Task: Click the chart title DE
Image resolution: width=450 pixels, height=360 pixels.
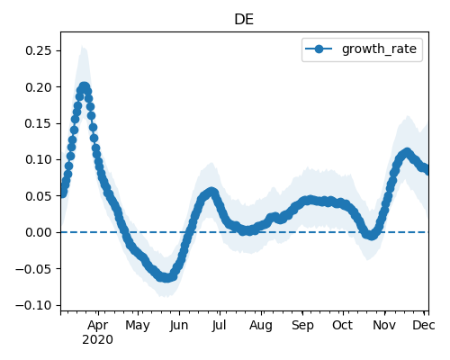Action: pos(244,20)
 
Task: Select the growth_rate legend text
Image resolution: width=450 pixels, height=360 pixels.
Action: pos(379,49)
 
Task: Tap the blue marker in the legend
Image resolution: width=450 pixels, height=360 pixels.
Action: pos(319,49)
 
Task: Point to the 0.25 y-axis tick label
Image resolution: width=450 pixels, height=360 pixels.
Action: pos(39,50)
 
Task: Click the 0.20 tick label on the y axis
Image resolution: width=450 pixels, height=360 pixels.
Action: pos(39,87)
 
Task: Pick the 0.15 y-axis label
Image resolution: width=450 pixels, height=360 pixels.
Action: pos(39,123)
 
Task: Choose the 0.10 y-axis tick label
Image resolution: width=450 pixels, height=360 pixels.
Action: pos(39,159)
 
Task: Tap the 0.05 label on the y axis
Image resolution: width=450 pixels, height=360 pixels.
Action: pos(39,196)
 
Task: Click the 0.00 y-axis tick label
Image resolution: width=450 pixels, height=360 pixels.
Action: pos(39,232)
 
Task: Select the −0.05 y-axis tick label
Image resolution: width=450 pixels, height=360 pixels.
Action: pos(34,269)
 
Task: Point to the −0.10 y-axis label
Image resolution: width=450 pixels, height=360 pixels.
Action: pos(34,305)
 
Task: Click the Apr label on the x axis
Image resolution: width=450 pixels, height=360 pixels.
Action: pos(98,326)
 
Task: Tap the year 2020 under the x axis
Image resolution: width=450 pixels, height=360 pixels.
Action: pos(98,340)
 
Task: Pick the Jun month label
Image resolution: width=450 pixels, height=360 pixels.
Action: pos(179,326)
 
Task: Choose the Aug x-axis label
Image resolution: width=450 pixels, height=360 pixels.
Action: pos(261,326)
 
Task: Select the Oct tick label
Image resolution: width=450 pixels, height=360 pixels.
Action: pos(343,325)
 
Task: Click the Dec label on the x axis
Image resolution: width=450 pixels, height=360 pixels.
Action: pos(424,325)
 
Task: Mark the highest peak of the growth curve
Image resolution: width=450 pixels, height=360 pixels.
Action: pos(85,87)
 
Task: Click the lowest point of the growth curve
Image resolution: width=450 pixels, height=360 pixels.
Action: pos(166,278)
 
